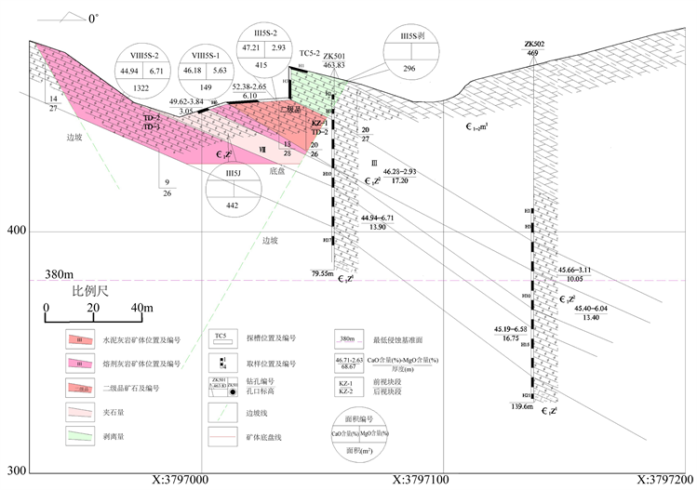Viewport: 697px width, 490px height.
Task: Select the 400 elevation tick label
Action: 14,232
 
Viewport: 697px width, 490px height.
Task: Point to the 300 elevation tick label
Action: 14,470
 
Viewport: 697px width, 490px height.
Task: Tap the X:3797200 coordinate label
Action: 662,480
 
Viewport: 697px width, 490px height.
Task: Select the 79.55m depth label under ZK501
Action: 322,273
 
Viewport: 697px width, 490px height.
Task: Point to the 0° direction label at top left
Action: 94,18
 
